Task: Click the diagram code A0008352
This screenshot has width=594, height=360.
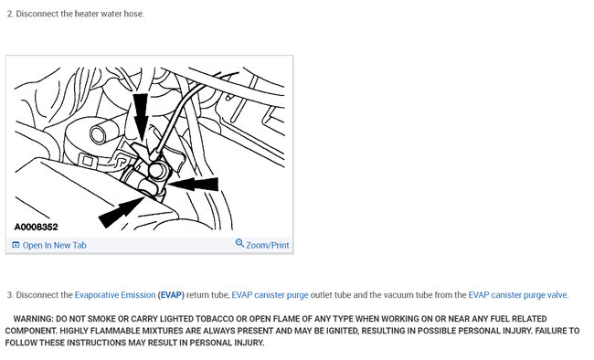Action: [x=36, y=227]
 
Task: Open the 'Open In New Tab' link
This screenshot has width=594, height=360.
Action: [x=55, y=245]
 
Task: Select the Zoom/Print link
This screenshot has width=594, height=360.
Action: [x=268, y=245]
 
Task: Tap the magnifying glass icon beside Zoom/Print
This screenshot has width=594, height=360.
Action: [x=239, y=243]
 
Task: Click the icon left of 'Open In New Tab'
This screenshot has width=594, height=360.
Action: [x=16, y=245]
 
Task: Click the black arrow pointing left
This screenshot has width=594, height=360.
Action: [x=193, y=184]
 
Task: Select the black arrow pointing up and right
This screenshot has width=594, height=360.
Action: [x=122, y=213]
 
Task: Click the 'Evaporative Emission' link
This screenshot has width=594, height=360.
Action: [x=115, y=295]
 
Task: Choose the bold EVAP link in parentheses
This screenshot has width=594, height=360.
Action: [x=171, y=295]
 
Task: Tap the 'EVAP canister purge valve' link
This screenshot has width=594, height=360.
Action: [x=518, y=295]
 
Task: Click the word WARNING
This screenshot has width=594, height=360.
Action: [x=33, y=319]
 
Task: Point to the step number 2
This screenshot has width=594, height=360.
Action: [x=9, y=14]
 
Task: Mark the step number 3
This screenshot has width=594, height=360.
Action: [x=9, y=295]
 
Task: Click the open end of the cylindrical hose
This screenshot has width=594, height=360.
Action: [x=99, y=134]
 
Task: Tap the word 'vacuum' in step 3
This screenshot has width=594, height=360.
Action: [x=384, y=295]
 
